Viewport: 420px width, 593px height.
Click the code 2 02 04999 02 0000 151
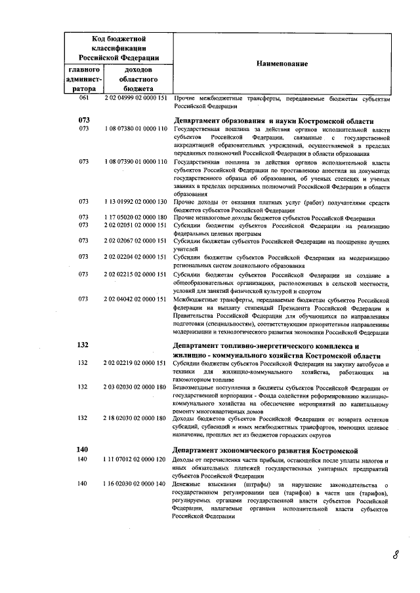tap(136, 98)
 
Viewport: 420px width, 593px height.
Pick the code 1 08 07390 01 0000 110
tap(136, 161)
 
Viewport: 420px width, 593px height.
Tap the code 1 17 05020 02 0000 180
tap(136, 218)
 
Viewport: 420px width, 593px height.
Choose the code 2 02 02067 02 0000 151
tap(136, 241)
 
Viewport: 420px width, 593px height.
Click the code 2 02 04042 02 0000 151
tap(136, 299)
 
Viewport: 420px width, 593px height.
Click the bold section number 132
tap(83, 345)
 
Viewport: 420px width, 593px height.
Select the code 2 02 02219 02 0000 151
tap(136, 364)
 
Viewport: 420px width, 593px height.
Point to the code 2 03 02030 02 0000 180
tap(136, 387)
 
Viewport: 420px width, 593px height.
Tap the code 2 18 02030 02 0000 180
tap(136, 418)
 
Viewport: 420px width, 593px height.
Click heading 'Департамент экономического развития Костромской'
tap(264, 451)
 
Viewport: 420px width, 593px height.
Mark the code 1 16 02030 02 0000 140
tap(136, 484)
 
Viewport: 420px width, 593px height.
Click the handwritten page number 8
tap(396, 556)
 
